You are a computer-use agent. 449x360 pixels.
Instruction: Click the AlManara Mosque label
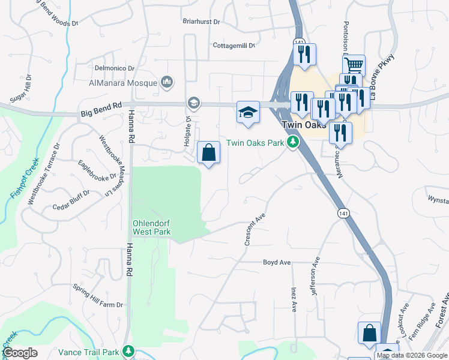pos(123,83)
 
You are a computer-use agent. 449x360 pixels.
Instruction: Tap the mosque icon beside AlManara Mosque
pos(167,82)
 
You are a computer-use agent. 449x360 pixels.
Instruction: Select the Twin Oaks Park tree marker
pos(293,142)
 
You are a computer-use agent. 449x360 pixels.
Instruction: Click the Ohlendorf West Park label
pos(151,227)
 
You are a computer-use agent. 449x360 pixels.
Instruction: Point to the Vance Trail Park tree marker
pos(127,351)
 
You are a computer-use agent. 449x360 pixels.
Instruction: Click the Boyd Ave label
pos(277,262)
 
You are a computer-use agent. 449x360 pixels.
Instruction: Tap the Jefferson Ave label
pos(316,268)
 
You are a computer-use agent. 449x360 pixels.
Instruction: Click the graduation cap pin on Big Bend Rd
pos(247,112)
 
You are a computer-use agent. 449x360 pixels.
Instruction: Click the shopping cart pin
pos(354,65)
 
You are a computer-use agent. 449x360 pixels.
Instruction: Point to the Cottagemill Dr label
pos(234,46)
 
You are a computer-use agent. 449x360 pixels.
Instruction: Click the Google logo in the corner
pos(20,353)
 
